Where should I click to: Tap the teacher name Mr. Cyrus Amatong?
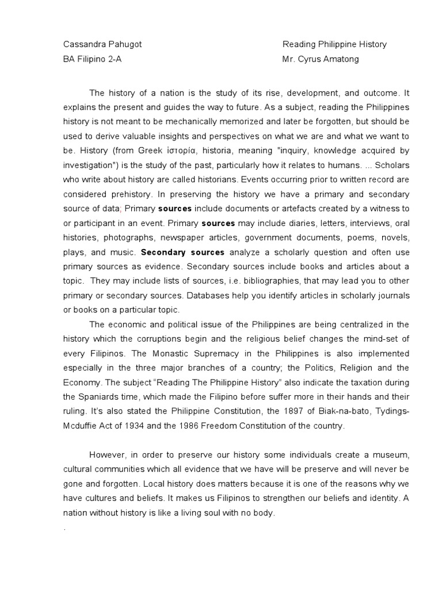tap(320, 59)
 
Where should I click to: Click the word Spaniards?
tap(97, 397)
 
